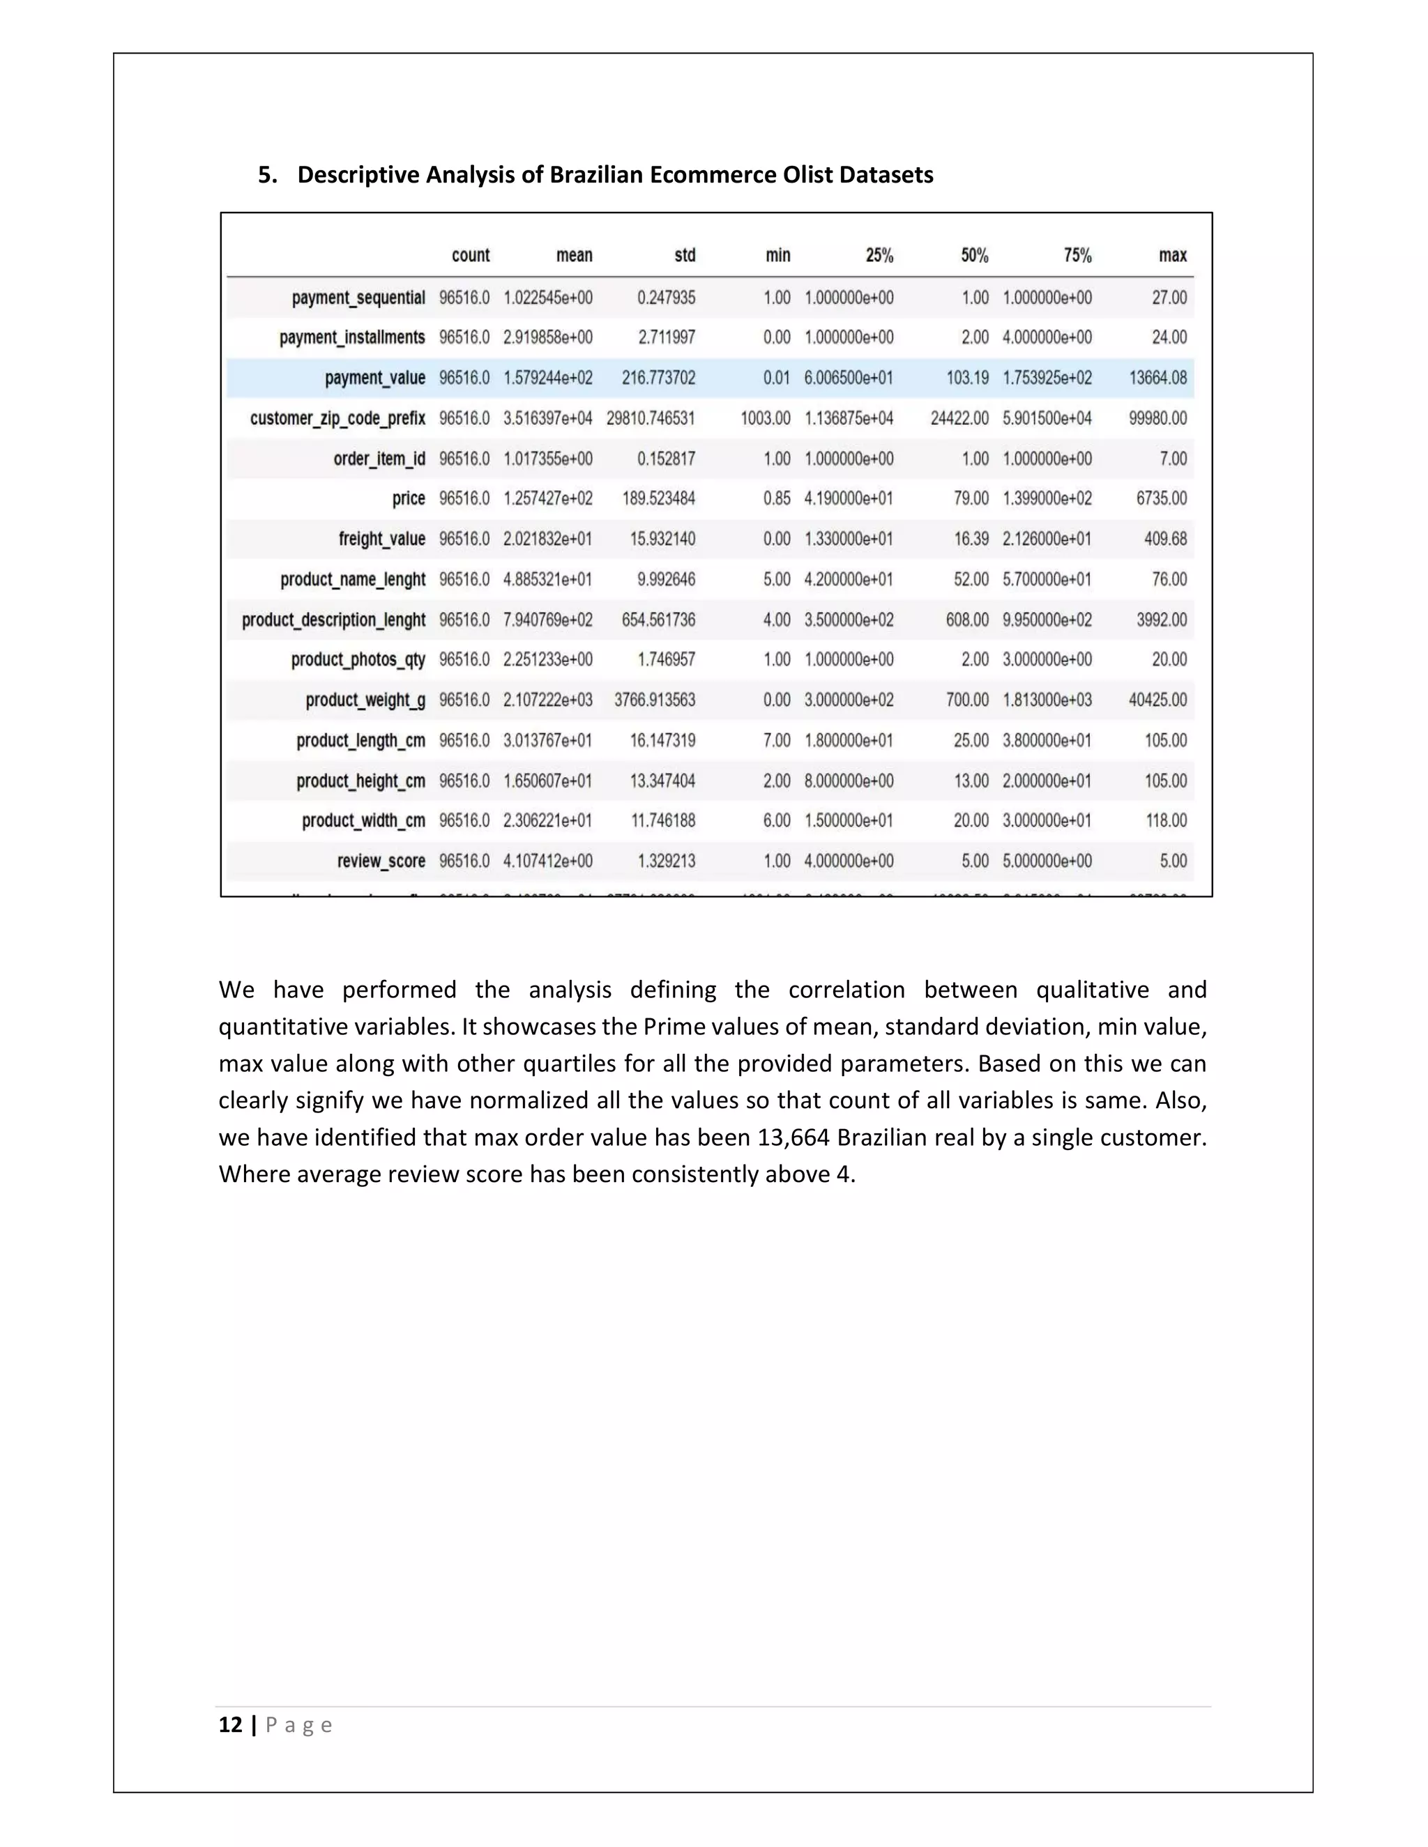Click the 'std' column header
point(685,255)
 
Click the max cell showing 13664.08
point(1157,378)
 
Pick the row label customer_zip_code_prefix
point(337,419)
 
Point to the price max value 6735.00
point(1161,498)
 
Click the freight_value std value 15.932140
point(662,539)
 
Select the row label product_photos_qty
point(358,659)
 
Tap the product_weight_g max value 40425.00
point(1157,700)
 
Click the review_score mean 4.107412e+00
point(547,861)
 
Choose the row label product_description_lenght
point(333,620)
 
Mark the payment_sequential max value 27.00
point(1169,298)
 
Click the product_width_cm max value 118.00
point(1166,820)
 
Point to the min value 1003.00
point(765,419)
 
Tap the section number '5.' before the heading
point(267,175)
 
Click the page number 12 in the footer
point(230,1725)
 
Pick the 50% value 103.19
point(967,378)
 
